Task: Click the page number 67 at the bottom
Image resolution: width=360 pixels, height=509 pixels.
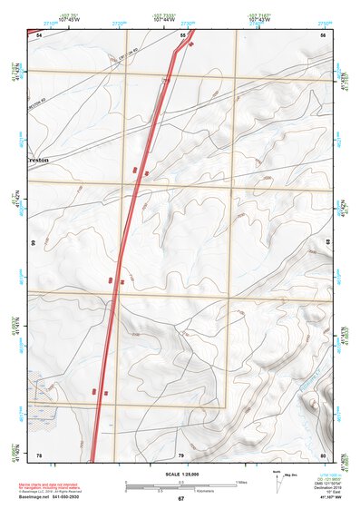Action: (x=180, y=499)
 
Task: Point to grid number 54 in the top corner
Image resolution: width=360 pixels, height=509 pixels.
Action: (x=39, y=34)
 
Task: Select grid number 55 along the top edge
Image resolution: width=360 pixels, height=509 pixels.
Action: (x=182, y=34)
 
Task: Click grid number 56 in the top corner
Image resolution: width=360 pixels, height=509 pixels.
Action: (x=323, y=34)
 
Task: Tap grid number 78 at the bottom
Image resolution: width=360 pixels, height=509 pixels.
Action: (x=39, y=454)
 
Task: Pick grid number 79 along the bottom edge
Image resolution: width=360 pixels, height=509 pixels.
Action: (x=180, y=454)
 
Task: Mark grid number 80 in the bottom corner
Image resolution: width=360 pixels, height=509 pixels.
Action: (x=323, y=454)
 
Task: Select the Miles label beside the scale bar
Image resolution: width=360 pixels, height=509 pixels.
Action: (x=241, y=481)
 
